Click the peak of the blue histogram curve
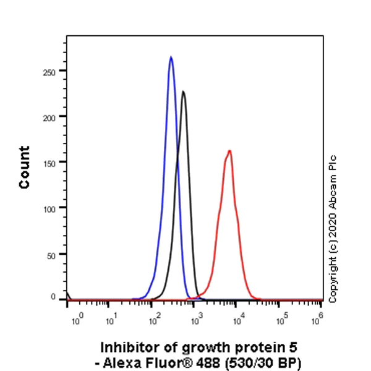point(171,58)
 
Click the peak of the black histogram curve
point(183,92)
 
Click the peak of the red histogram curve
point(229,151)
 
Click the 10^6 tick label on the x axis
point(320,319)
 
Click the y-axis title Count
point(24,168)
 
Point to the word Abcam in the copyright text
point(333,189)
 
